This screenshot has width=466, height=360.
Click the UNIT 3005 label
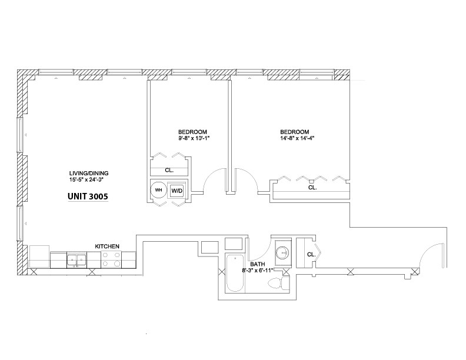tap(88, 196)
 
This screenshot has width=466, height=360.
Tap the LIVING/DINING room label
tap(89, 173)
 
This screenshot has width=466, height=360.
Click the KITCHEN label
tap(107, 246)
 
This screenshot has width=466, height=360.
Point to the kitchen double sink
tap(76, 261)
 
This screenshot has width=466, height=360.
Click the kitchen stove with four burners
tap(111, 259)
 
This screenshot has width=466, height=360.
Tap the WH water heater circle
tap(158, 190)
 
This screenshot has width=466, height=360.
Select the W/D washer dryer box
tap(177, 191)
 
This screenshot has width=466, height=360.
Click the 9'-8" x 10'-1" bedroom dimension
tap(192, 138)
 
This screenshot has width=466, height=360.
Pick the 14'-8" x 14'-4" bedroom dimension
tap(297, 138)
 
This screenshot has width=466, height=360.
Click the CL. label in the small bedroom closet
tap(169, 171)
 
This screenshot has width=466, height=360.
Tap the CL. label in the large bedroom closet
tap(312, 188)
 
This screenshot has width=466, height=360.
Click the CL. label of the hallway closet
tap(311, 255)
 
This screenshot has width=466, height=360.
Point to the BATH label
tap(257, 264)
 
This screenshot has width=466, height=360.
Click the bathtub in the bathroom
tap(235, 273)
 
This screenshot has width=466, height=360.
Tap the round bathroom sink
tap(282, 253)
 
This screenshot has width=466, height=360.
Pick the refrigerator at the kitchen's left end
tap(39, 256)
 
